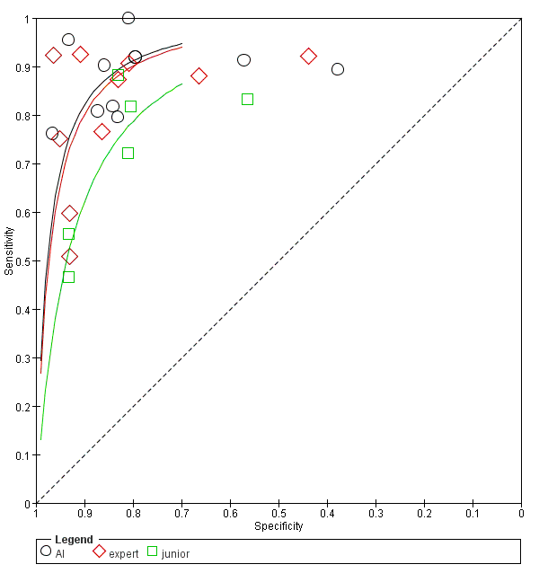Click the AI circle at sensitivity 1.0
coord(128,18)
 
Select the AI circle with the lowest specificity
coord(338,69)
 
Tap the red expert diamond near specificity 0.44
coord(309,57)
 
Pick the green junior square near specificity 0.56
coord(247,99)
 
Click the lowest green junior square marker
coord(68,277)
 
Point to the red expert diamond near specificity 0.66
coord(199,76)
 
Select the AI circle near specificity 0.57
coord(243,60)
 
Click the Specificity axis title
coord(278,526)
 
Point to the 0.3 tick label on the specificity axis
coord(376,514)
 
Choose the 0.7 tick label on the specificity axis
coord(181,514)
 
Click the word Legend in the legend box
coord(73,540)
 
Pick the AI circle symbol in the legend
coord(46,551)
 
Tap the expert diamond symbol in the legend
coord(99,551)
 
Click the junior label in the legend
coord(175,553)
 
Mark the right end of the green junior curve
coord(181,84)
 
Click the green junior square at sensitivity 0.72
coord(128,153)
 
